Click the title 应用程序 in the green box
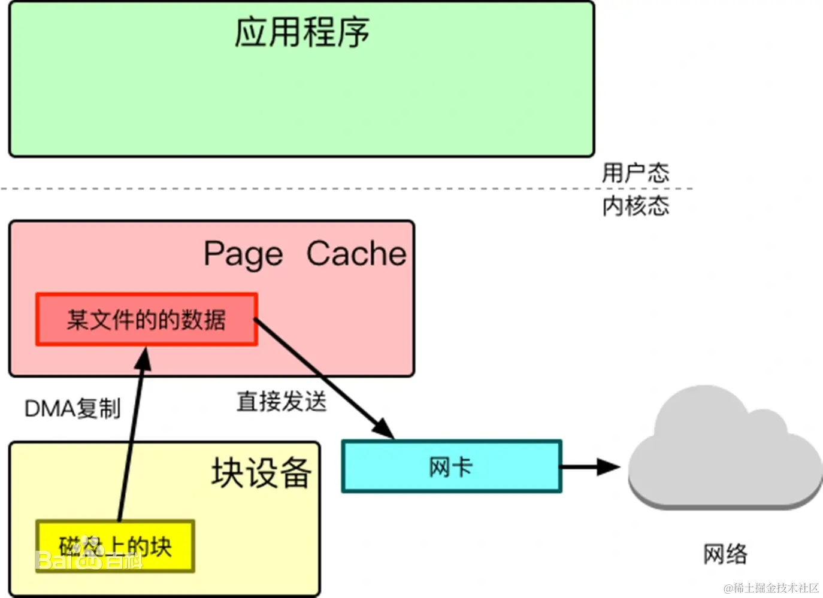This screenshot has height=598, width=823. (x=301, y=32)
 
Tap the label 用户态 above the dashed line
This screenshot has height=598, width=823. (x=636, y=172)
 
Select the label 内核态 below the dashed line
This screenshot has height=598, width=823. (x=636, y=206)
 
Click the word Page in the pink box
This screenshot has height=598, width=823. (x=243, y=254)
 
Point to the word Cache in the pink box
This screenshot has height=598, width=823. (x=356, y=254)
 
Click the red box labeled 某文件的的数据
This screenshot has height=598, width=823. (x=146, y=320)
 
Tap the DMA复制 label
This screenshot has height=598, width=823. (x=72, y=409)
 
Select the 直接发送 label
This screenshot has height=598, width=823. (x=281, y=401)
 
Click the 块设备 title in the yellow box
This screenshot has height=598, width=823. (x=261, y=473)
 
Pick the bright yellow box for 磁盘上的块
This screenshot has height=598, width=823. (x=115, y=545)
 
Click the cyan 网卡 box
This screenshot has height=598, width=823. (x=451, y=467)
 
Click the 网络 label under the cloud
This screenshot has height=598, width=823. (x=725, y=554)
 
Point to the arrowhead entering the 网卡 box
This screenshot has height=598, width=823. (x=383, y=429)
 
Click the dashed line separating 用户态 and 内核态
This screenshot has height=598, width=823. (x=299, y=189)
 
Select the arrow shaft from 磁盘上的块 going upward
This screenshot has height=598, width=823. (x=131, y=443)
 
